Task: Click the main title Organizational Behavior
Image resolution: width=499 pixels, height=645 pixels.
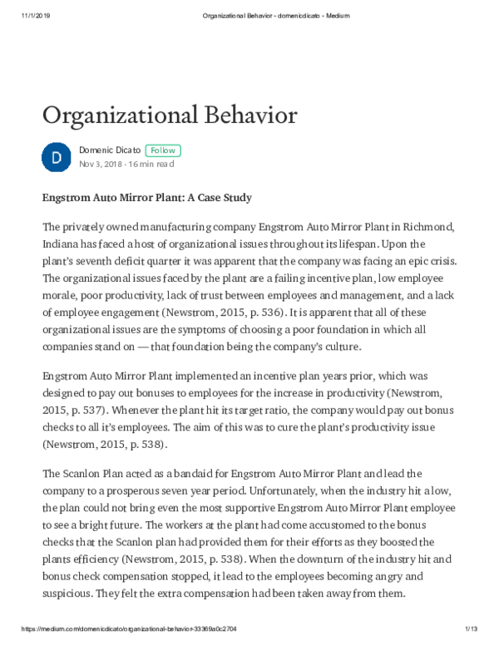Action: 169,114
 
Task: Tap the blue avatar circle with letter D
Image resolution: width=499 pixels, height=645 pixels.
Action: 56,156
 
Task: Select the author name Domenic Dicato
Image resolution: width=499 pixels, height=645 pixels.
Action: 109,150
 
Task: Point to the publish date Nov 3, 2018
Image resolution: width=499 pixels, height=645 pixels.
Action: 100,165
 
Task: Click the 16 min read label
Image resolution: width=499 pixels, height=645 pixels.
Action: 151,165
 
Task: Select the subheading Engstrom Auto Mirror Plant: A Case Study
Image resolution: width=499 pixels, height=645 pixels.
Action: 146,198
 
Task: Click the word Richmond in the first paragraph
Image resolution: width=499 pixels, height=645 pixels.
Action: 427,227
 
